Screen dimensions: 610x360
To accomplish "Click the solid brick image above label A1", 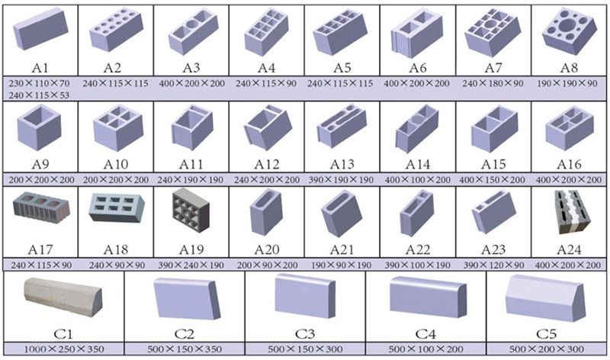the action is pos(40,29).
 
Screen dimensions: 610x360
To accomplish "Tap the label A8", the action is pos(569,68).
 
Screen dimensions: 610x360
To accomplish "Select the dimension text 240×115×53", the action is pos(39,95).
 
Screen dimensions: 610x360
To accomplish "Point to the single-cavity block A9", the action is pos(39,127).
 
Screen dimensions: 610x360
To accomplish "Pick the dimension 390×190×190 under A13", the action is pos(341,180).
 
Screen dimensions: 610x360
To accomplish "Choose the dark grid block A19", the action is pos(191,210).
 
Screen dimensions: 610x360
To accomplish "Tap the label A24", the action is pos(569,249).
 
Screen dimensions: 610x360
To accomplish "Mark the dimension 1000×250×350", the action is pos(64,349).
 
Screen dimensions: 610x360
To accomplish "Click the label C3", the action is pos(304,334).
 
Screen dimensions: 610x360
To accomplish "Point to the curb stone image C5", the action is pos(545,297).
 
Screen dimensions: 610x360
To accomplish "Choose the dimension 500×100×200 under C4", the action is pos(425,349).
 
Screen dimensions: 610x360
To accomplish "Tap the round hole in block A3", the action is pos(192,24).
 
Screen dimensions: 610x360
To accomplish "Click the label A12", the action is pos(266,164).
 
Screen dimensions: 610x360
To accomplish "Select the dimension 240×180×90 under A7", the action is pos(493,83).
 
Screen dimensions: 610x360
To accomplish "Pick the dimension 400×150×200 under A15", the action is pos(492,180).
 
